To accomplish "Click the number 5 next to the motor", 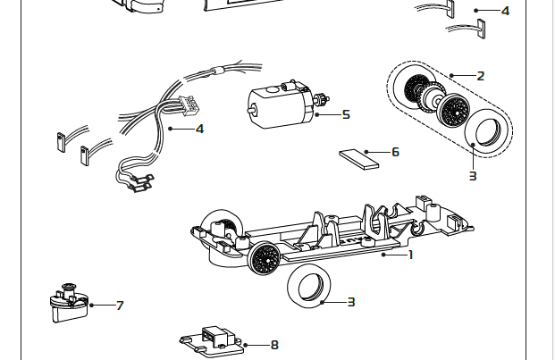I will pos(346,114).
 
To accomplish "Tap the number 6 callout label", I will pos(395,152).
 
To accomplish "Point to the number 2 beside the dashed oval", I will pos(481,76).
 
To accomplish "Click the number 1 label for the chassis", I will pos(410,255).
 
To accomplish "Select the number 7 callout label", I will pos(120,306).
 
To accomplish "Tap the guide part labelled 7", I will pos(68,304).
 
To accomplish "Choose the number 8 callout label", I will pos(274,345).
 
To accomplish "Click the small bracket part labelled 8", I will pos(215,339).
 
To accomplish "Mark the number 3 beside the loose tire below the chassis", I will pos(351,302).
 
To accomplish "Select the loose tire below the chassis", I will pos(307,286).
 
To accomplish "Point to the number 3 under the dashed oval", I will pos(473,176).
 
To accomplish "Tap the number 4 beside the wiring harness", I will pos(199,129).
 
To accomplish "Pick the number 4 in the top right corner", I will pos(505,11).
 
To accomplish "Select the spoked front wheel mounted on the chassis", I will pos(265,259).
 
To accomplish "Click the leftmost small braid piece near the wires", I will pos(60,141).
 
